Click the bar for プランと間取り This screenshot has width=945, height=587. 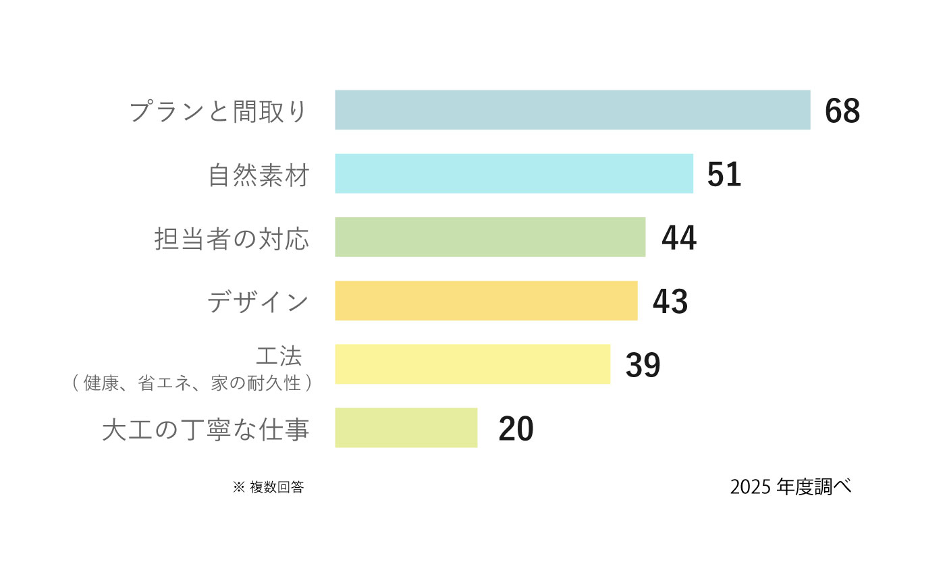pyautogui.click(x=572, y=110)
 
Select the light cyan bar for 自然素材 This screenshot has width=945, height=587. pyautogui.click(x=514, y=173)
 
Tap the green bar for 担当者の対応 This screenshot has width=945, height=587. pyautogui.click(x=490, y=237)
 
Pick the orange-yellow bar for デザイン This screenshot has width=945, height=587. pyautogui.click(x=486, y=301)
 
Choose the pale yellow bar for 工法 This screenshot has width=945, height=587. pyautogui.click(x=473, y=364)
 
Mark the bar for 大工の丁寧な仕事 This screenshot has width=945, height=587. pyautogui.click(x=406, y=428)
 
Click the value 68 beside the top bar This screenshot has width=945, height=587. pyautogui.click(x=842, y=111)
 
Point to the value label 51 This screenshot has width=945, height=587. pyautogui.click(x=724, y=174)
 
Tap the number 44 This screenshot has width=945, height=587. pyautogui.click(x=679, y=237)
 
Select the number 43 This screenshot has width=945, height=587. pyautogui.click(x=670, y=301)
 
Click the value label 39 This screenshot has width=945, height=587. pyautogui.click(x=643, y=365)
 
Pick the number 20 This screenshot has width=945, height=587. pyautogui.click(x=516, y=428)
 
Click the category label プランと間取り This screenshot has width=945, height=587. pyautogui.click(x=218, y=111)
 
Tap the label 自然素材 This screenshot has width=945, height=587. pyautogui.click(x=259, y=175)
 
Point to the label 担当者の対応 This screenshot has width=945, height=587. pyautogui.click(x=232, y=239)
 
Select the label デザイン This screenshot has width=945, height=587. pyautogui.click(x=258, y=302)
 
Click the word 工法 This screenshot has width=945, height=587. pyautogui.click(x=279, y=356)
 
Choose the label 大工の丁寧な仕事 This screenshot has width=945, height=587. pyautogui.click(x=206, y=429)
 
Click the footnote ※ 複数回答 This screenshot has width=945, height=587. pyautogui.click(x=269, y=486)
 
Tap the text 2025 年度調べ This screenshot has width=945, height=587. pyautogui.click(x=790, y=486)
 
